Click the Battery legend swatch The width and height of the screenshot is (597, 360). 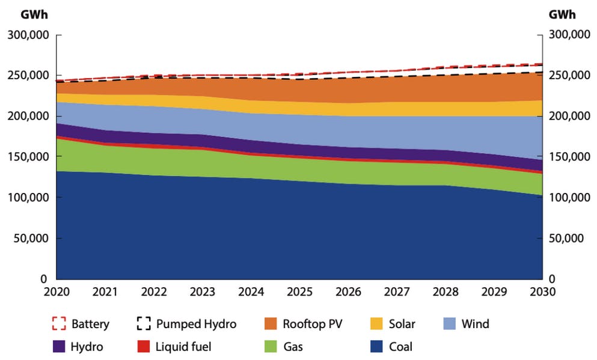(x=58, y=324)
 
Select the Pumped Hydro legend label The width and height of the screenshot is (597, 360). (x=196, y=324)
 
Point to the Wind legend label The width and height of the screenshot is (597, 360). (x=475, y=324)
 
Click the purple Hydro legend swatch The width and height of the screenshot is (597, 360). (x=58, y=347)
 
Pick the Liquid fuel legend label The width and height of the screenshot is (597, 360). (x=183, y=347)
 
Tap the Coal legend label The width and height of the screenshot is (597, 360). (x=400, y=347)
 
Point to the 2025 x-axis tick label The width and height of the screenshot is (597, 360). (x=299, y=291)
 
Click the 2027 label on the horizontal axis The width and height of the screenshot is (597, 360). (x=397, y=291)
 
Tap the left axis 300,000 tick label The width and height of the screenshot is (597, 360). (x=28, y=35)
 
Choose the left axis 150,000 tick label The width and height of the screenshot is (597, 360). (x=28, y=157)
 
